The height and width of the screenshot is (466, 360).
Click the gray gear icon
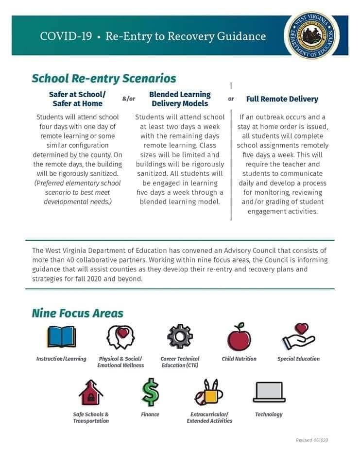pos(180,336)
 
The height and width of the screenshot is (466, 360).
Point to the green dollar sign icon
pos(150,392)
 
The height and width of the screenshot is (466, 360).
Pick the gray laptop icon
pos(268,392)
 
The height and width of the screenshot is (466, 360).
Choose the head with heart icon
pos(120,336)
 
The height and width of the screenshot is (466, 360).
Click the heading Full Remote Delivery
pos(282,99)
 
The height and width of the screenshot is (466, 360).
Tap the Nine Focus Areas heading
pos(78,313)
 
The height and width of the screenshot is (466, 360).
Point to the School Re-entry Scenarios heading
pos(103,78)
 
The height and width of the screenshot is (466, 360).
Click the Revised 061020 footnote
pos(312,440)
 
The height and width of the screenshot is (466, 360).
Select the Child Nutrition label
pos(239,359)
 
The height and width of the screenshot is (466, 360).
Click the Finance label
pos(150,414)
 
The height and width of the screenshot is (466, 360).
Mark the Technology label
pos(269,414)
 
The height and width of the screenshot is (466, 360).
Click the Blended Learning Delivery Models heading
pos(180,99)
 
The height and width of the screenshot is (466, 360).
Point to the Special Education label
pos(298,359)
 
